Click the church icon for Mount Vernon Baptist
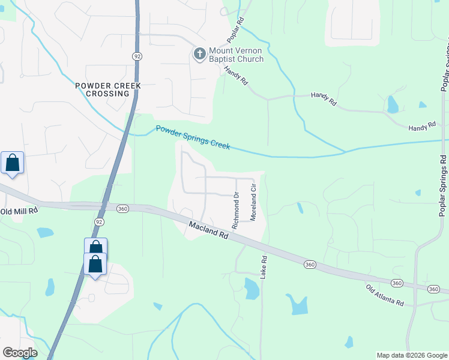[199, 54]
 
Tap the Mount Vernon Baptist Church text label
[236, 55]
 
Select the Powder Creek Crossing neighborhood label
[108, 89]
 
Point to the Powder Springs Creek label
[193, 136]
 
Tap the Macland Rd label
[209, 230]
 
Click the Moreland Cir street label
[253, 203]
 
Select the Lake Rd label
[264, 267]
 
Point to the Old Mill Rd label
[19, 211]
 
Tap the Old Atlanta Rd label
[385, 295]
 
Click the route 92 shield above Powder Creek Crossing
[137, 56]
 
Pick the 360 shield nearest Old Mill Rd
[122, 209]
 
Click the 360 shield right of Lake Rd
[310, 264]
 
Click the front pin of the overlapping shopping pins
[95, 265]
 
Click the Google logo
[20, 353]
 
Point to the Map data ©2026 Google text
[411, 355]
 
